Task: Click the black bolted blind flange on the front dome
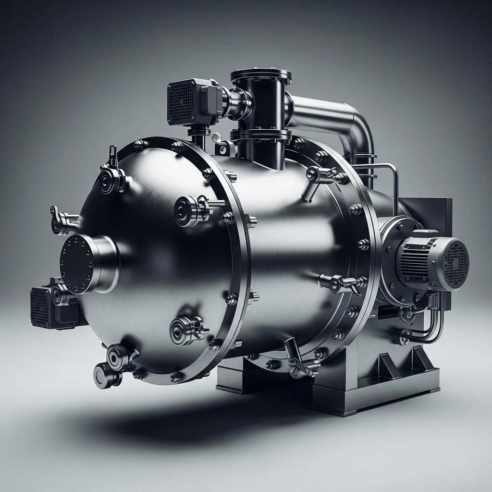tap(77, 263)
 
